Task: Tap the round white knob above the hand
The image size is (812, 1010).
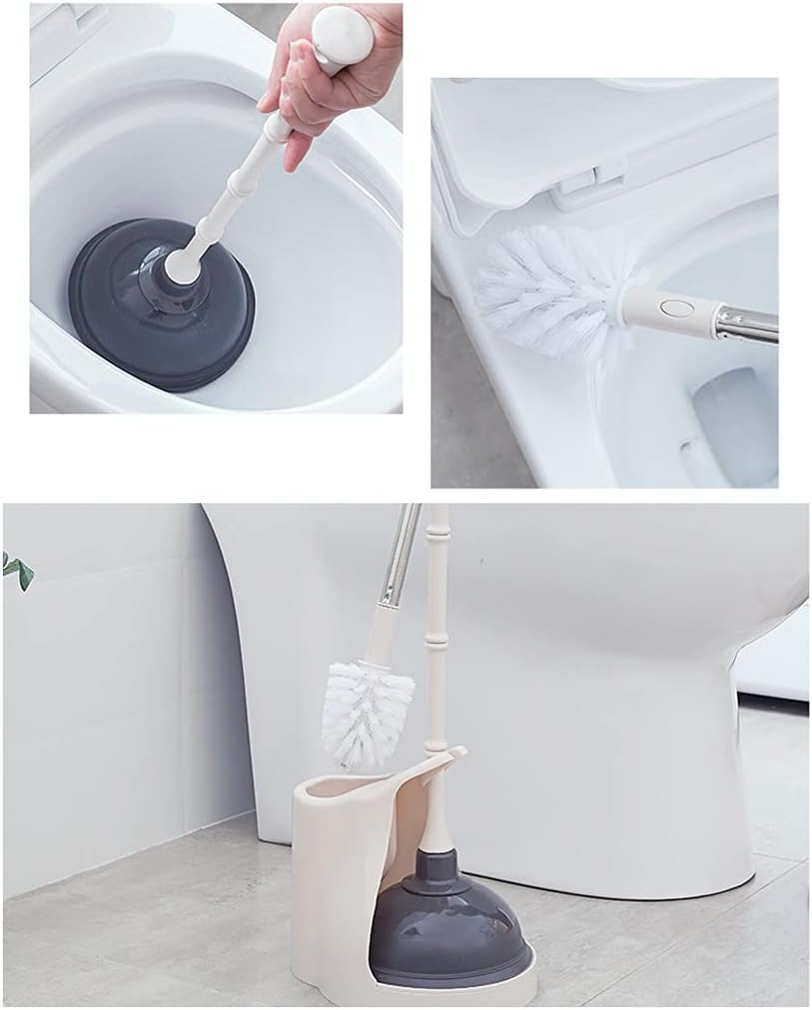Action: click(343, 34)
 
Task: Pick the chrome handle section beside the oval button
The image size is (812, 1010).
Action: click(744, 322)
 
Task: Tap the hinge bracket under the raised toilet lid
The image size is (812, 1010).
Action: click(579, 186)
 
